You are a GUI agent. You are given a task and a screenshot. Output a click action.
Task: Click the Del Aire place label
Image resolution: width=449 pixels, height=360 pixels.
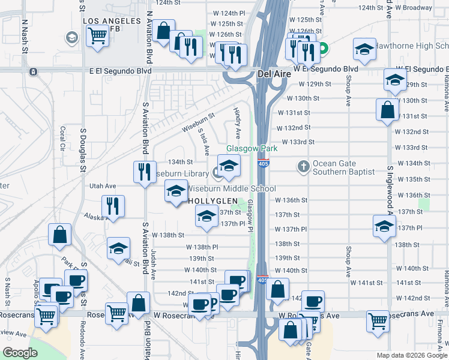(x=274, y=74)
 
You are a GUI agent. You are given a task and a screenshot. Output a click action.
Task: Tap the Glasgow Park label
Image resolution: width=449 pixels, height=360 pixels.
(x=252, y=148)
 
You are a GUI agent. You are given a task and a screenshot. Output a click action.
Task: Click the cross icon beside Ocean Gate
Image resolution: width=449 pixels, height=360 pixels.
(x=304, y=166)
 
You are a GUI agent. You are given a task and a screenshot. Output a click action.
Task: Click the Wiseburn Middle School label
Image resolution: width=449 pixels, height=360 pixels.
(x=231, y=188)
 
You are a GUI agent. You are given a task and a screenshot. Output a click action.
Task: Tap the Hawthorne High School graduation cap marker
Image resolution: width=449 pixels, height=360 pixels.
(x=364, y=51)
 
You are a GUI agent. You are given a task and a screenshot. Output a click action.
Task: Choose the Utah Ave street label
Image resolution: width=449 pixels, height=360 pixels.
(x=102, y=187)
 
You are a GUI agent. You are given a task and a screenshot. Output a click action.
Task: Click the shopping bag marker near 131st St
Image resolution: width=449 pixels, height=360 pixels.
(x=388, y=110)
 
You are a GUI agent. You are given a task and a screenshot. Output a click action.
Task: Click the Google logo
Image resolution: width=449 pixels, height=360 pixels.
(x=20, y=353)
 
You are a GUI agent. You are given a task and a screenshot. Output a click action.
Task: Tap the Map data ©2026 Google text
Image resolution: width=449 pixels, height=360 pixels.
(x=411, y=355)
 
